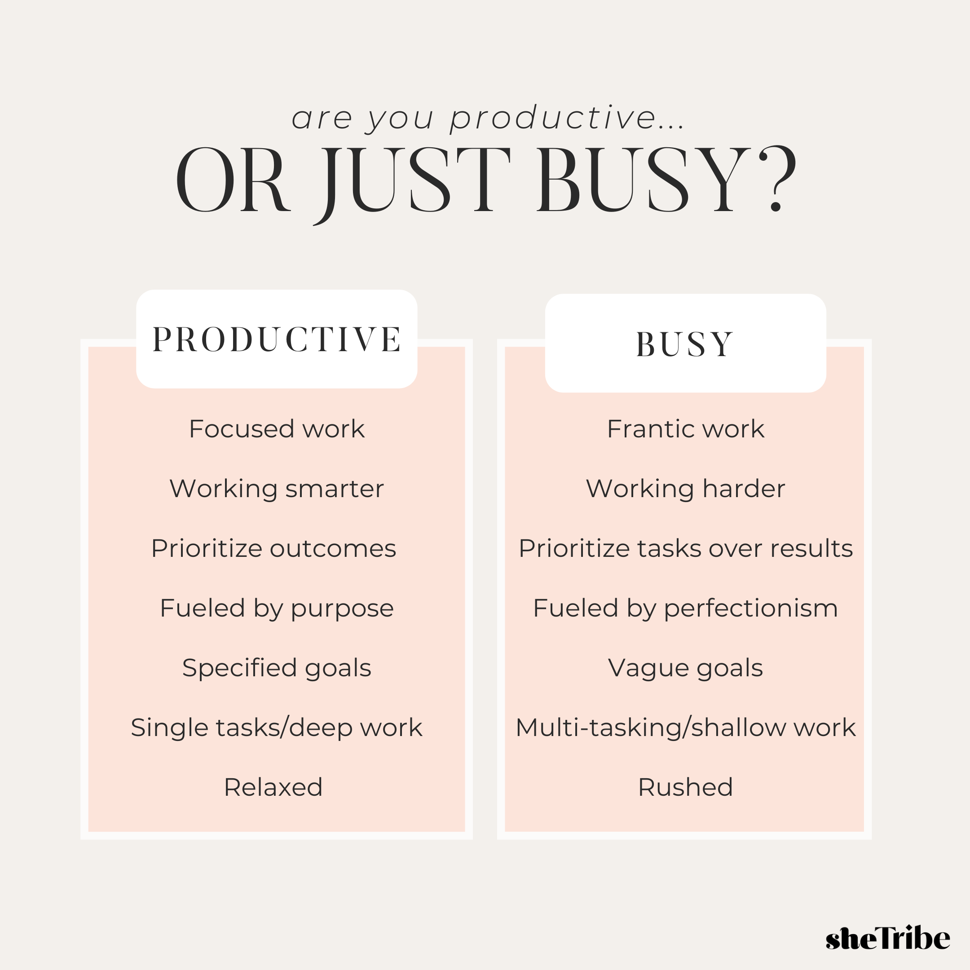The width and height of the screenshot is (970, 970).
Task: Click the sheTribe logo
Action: [x=888, y=937]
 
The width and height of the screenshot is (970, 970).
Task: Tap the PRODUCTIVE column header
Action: [x=277, y=339]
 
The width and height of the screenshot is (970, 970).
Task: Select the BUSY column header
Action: [x=685, y=344]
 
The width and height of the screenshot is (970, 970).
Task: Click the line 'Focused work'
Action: [x=277, y=429]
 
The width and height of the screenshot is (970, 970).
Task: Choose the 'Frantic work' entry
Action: [x=685, y=429]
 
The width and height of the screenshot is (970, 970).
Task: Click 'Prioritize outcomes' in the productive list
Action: [x=273, y=548]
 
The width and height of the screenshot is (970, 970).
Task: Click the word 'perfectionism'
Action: [x=751, y=608]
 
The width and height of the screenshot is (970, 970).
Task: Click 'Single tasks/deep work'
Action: [x=277, y=728]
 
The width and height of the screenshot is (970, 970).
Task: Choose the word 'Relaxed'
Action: [x=273, y=787]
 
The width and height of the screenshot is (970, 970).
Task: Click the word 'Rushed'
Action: [x=685, y=787]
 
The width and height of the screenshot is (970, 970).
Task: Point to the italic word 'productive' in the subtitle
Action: [x=553, y=119]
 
